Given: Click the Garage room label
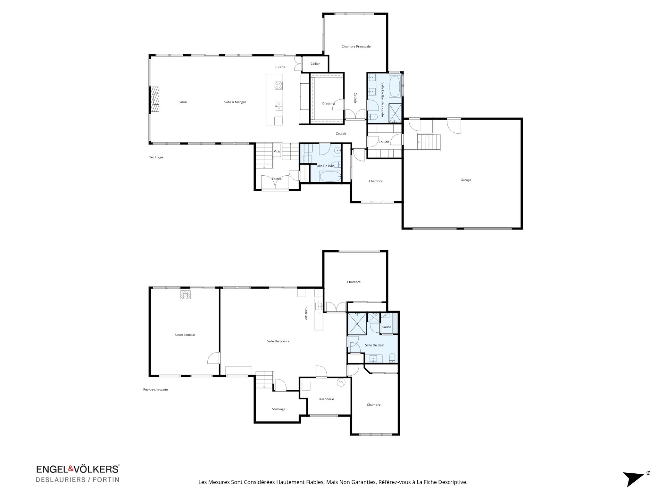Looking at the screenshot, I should (x=466, y=180).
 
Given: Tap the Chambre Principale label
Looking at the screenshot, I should (x=356, y=46).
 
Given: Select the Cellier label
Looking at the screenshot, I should (x=315, y=64).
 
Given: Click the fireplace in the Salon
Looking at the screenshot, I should (x=155, y=99).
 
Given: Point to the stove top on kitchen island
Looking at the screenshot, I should (x=278, y=85).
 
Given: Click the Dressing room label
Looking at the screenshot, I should (x=328, y=103).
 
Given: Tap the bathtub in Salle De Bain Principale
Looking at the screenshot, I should (x=395, y=87).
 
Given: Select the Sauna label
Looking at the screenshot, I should (x=386, y=327).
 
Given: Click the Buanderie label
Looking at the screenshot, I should (x=326, y=399).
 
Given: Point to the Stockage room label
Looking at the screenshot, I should (x=279, y=409).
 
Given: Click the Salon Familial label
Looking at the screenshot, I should (x=185, y=335).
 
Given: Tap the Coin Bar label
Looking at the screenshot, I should (x=306, y=313).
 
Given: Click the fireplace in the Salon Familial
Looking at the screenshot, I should (x=186, y=295).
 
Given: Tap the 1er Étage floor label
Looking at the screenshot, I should (x=156, y=157).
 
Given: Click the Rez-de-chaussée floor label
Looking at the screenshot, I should (x=155, y=389).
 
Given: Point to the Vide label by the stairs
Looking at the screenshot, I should (x=277, y=151).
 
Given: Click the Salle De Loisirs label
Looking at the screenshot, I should (x=278, y=341).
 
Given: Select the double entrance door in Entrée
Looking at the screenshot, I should (x=275, y=183).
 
